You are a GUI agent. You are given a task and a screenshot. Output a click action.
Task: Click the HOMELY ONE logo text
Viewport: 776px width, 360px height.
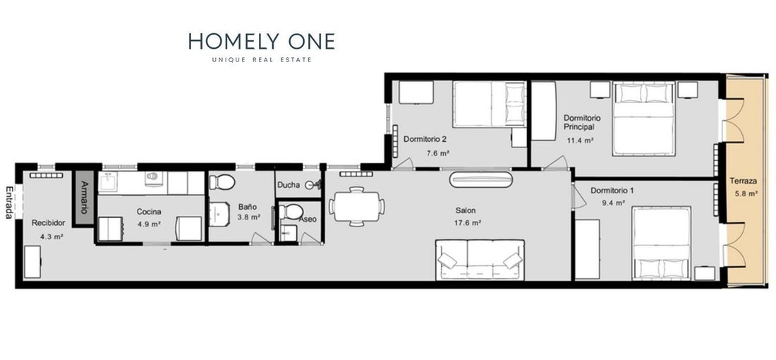point(261,42)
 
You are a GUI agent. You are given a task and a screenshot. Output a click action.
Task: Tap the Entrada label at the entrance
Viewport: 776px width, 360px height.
point(9,203)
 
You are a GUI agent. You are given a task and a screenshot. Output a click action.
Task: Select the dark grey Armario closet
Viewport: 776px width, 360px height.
point(83,198)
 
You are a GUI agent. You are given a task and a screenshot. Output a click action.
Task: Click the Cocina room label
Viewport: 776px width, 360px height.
point(149,212)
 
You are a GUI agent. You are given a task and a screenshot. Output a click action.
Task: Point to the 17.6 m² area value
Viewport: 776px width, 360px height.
point(468,223)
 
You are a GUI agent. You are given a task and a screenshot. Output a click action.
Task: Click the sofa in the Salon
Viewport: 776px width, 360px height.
point(480,260)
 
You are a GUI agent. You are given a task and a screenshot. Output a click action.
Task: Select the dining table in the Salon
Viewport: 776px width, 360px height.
point(356,207)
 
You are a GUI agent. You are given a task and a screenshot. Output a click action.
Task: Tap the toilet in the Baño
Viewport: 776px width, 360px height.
point(222,182)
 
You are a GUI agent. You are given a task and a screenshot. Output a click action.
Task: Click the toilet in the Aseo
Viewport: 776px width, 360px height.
point(291,212)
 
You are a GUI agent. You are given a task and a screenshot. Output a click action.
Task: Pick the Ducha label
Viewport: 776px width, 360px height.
point(288,185)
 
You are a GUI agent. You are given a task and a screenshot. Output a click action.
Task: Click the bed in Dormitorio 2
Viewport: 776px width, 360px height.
point(488,104)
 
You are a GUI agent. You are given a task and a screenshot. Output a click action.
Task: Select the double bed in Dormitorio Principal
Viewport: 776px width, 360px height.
point(643,119)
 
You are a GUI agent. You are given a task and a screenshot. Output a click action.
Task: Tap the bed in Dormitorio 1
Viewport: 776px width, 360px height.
point(661,243)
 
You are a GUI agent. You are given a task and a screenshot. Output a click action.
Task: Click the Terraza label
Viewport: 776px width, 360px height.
point(744,181)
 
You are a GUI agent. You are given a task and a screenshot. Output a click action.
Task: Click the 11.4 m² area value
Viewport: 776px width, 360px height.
point(580,140)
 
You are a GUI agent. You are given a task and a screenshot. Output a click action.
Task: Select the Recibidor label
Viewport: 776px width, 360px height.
point(48,223)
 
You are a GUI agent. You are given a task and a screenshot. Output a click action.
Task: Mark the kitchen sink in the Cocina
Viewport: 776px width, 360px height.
point(108,182)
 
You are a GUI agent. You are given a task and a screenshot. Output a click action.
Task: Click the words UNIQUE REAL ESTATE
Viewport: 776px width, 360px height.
point(262,60)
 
